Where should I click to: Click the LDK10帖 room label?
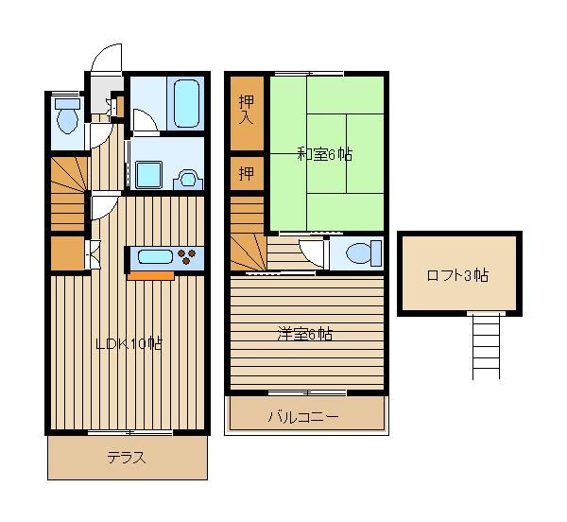(129, 343)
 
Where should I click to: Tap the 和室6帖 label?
(324, 154)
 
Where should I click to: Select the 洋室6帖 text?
(305, 334)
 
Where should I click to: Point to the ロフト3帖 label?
(457, 275)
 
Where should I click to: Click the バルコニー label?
(303, 417)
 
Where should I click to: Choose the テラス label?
(127, 458)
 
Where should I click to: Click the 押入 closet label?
(247, 110)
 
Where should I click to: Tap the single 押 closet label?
(247, 174)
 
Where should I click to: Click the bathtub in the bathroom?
(186, 104)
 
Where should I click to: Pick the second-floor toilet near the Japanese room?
(364, 252)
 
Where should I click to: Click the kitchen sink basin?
(155, 257)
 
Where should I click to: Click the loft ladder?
(486, 345)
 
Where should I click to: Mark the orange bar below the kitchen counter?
(151, 276)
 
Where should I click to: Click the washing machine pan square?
(148, 175)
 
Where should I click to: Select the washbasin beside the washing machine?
(188, 180)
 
